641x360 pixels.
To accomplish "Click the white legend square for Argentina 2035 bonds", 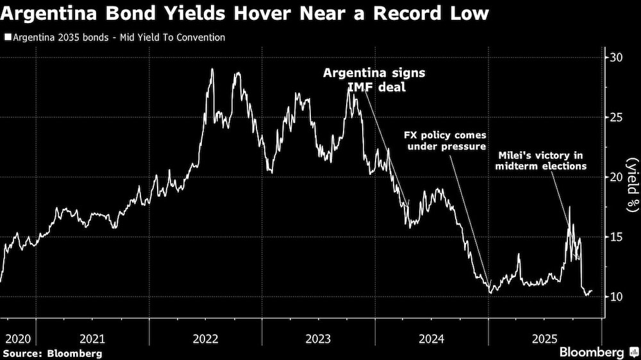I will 7,38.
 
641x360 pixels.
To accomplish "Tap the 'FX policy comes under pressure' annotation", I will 444,142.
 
